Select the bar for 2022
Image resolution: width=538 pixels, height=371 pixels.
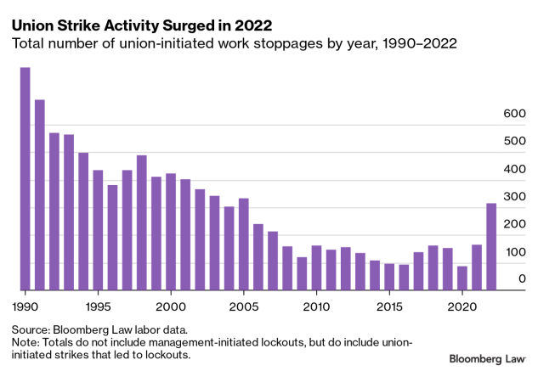pos(491,246)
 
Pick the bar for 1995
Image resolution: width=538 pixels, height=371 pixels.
pos(98,230)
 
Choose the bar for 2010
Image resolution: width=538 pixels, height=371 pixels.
pos(316,267)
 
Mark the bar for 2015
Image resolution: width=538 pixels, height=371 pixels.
pos(389,277)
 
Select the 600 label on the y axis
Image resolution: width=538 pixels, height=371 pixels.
pos(515,114)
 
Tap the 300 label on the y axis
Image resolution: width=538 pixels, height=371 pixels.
pos(515,196)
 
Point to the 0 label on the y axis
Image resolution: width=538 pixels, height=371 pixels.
pos(522,279)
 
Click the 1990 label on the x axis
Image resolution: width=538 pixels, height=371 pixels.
pos(25,305)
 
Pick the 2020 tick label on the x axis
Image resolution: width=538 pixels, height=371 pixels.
pos(462,305)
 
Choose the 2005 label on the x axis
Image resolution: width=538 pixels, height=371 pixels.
pos(244,305)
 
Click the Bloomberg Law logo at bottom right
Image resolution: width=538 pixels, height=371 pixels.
pos(487,361)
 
